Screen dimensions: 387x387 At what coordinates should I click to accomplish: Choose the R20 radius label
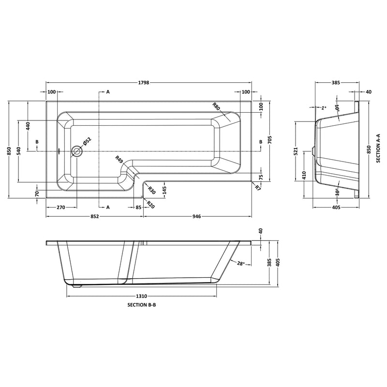(x=150, y=204)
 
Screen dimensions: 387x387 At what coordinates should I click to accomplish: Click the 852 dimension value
(x=94, y=216)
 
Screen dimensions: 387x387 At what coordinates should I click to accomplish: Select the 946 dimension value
(x=196, y=216)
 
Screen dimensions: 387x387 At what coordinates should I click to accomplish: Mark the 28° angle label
(x=241, y=264)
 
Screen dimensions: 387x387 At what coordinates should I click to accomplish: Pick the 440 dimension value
(x=28, y=127)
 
